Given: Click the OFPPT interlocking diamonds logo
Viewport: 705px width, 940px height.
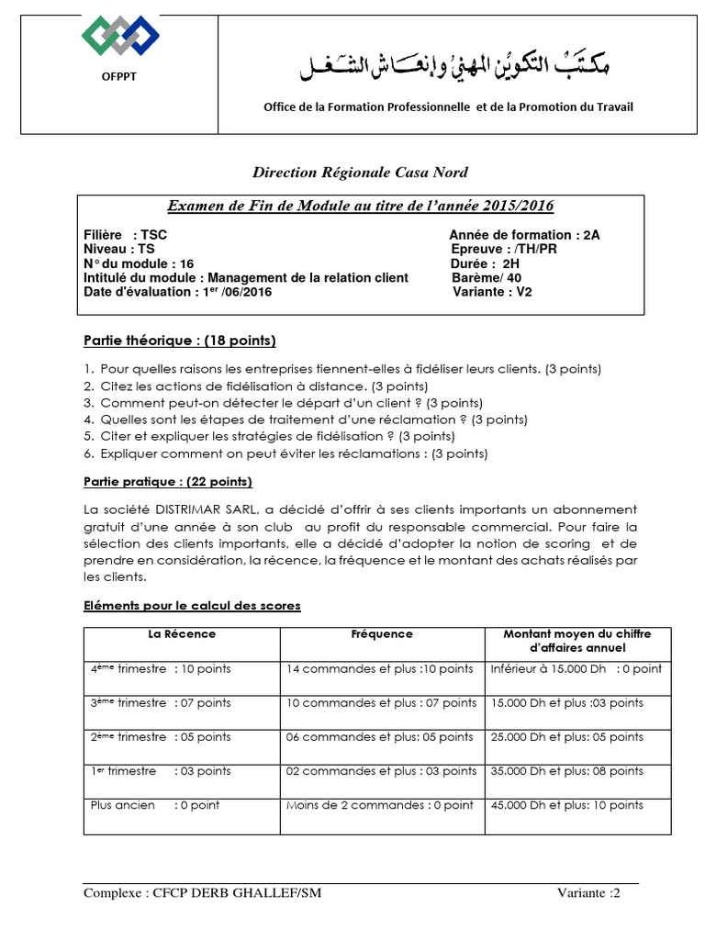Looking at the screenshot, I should [x=120, y=36].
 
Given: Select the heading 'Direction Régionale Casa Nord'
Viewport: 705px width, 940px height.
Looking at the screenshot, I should [x=361, y=172].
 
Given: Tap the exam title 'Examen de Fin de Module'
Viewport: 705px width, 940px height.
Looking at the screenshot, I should [x=360, y=206].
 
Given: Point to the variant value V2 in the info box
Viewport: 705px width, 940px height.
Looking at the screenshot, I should [x=523, y=292].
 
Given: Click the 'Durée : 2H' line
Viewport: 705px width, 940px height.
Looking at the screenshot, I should [x=486, y=263].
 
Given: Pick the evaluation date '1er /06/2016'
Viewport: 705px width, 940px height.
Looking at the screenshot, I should [x=233, y=292].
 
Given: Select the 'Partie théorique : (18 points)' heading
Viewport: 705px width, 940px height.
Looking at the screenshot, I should [x=179, y=341].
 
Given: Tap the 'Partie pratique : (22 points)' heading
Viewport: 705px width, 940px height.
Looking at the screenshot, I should [x=168, y=482].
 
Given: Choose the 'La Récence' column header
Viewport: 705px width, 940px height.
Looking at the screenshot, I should [x=182, y=634].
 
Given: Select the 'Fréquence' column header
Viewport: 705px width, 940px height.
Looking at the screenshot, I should [x=382, y=634].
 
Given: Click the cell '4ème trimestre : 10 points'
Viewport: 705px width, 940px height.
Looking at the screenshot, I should [x=161, y=669].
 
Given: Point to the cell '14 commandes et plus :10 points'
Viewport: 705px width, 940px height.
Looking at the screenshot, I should [x=380, y=669].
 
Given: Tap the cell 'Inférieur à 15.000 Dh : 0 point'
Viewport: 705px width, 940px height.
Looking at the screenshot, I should [x=576, y=669].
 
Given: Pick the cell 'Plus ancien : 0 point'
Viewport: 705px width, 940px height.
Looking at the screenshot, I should [x=155, y=805].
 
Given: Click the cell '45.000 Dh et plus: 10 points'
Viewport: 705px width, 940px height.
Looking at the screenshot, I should [x=567, y=805].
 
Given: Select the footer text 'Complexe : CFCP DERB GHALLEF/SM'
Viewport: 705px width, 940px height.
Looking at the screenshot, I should [x=202, y=893].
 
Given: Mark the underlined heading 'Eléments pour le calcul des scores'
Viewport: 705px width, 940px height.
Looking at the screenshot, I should [x=192, y=606].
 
